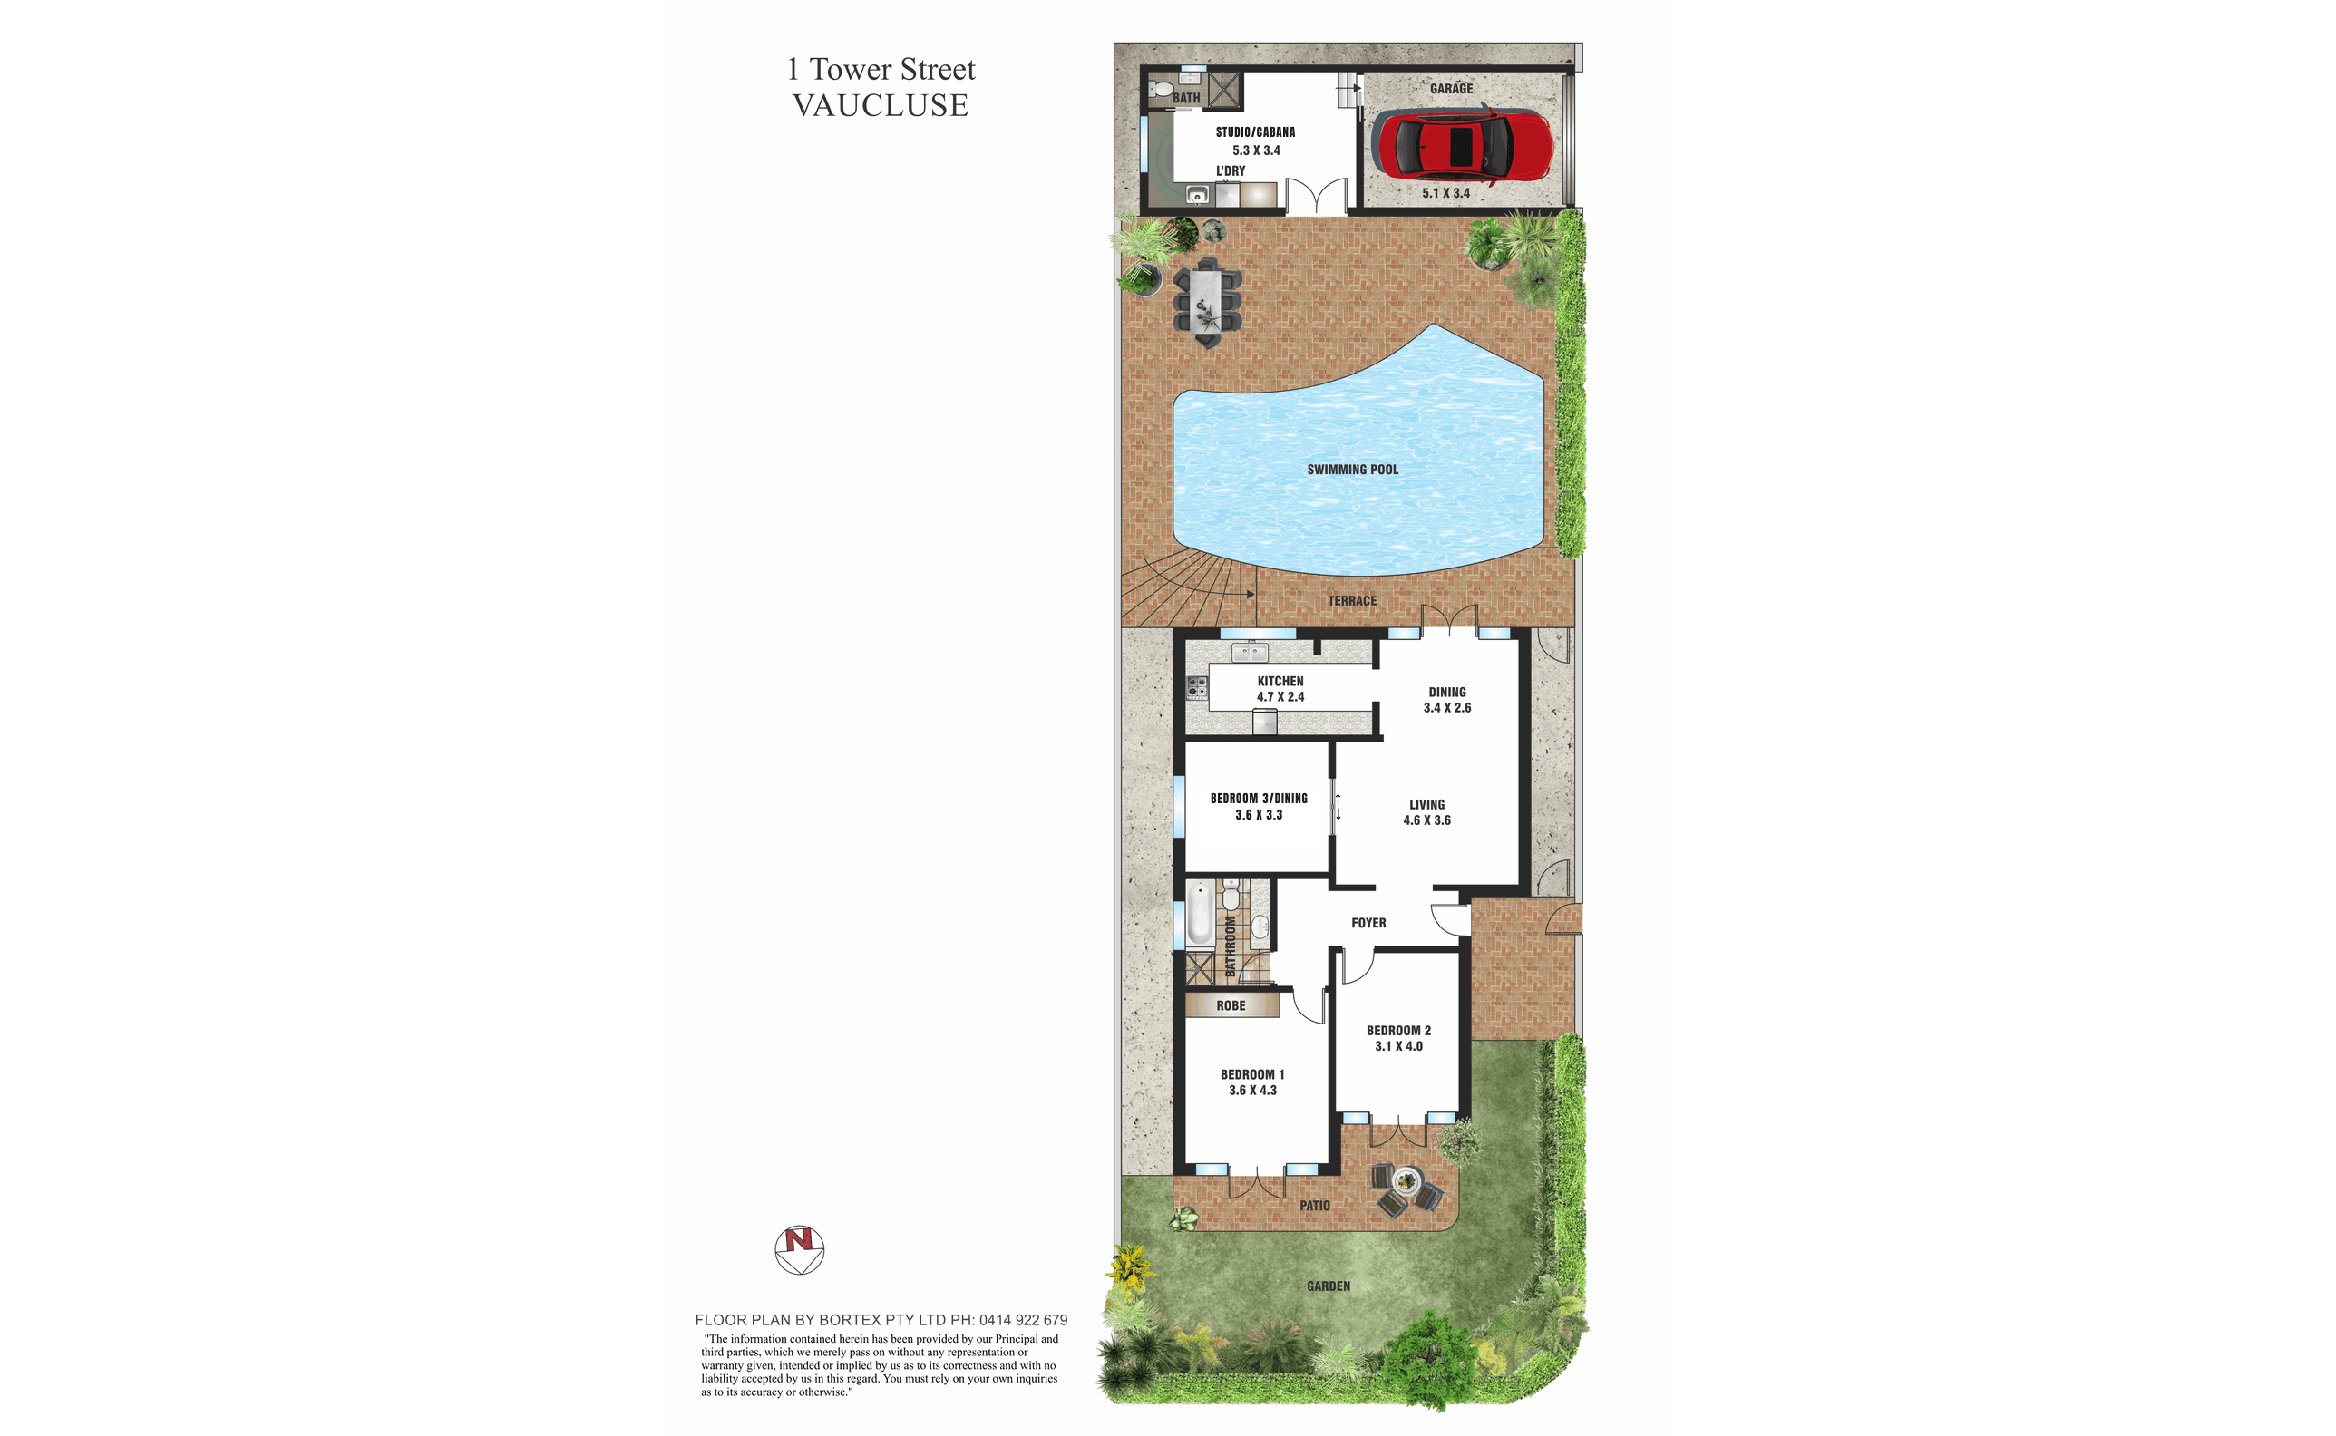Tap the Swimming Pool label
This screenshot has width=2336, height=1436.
click(x=1352, y=470)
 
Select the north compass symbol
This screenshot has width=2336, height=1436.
click(x=799, y=1249)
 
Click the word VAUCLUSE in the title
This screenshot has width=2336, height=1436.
click(x=881, y=105)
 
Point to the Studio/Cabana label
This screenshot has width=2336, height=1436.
click(x=1255, y=132)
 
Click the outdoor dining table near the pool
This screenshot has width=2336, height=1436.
click(x=1207, y=300)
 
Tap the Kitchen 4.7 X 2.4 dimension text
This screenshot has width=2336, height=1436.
click(x=1280, y=697)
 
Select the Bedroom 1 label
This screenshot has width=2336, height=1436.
click(x=1252, y=1074)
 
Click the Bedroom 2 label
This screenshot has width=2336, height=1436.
click(x=1398, y=1031)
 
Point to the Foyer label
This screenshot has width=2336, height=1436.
click(x=1368, y=923)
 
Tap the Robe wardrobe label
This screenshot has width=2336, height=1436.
click(x=1231, y=1005)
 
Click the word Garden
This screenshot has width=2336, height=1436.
click(x=1329, y=1286)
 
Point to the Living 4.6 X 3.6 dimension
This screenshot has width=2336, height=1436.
click(x=1426, y=820)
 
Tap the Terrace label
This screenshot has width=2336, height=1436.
click(x=1352, y=601)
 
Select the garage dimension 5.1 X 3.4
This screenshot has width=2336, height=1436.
click(x=1445, y=193)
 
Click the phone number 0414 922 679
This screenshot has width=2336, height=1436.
click(x=1023, y=1320)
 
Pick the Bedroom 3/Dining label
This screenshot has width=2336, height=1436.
click(x=1258, y=799)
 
